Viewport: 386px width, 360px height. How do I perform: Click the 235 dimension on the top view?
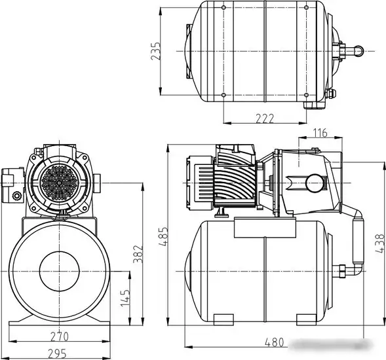pos(155,51)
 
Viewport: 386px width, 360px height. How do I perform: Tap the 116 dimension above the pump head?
pos(320,133)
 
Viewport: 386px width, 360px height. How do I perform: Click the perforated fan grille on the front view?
pos(60,181)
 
